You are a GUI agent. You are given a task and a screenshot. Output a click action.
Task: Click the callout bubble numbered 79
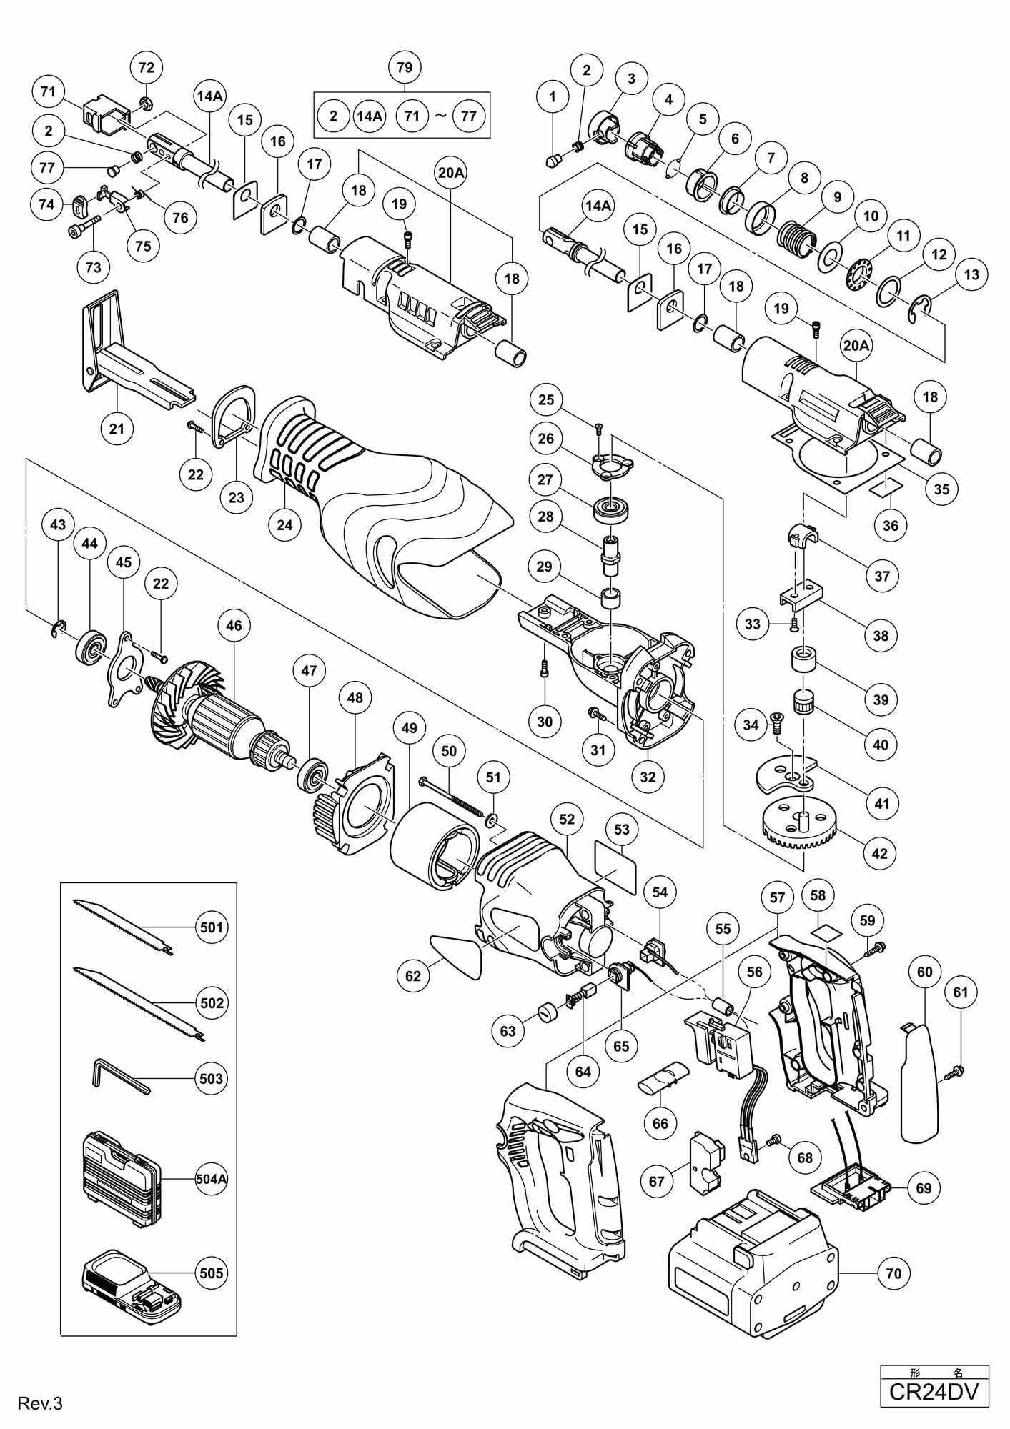click(x=404, y=67)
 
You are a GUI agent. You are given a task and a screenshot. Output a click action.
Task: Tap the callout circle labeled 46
click(x=234, y=626)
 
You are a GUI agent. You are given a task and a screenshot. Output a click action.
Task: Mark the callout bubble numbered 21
click(x=117, y=429)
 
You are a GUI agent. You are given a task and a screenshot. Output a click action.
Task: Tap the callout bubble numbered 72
click(x=146, y=67)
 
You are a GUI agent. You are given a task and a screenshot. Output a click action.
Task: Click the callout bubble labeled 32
click(x=648, y=777)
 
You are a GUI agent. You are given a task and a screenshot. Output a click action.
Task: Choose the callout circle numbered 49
click(x=409, y=728)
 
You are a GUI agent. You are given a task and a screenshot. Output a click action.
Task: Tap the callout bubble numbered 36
click(x=891, y=526)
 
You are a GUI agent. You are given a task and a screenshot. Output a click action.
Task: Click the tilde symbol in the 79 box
click(x=440, y=115)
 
